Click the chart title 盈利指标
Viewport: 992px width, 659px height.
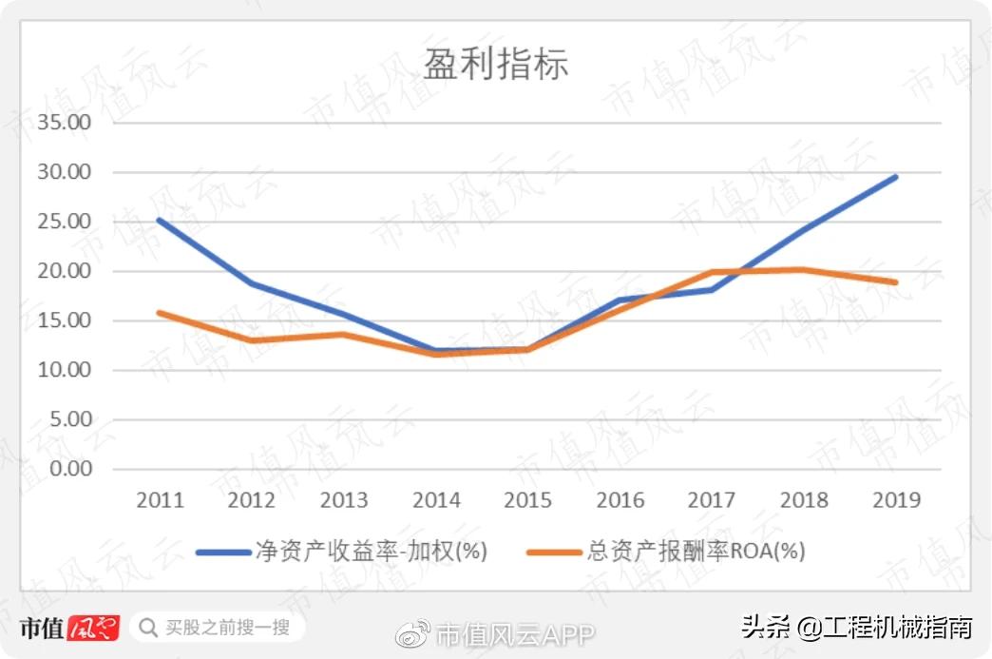[x=495, y=65]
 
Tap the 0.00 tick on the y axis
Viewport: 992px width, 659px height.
[x=67, y=469]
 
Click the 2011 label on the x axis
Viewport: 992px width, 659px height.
[x=160, y=500]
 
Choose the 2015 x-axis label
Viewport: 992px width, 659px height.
[x=527, y=500]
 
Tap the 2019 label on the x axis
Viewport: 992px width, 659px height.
[x=896, y=500]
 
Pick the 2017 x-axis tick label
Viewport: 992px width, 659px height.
[x=712, y=500]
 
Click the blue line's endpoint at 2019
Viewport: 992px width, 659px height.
[x=895, y=177]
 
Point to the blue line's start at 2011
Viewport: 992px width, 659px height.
[x=160, y=220]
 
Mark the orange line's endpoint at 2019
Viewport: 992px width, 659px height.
[x=895, y=282]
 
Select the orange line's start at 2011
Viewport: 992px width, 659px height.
[x=160, y=312]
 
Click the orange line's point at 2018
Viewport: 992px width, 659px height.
[x=804, y=269]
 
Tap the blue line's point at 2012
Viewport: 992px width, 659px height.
[x=252, y=283]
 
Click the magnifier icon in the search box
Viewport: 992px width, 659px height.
[x=148, y=628]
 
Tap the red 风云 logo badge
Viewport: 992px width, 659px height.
[x=93, y=628]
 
